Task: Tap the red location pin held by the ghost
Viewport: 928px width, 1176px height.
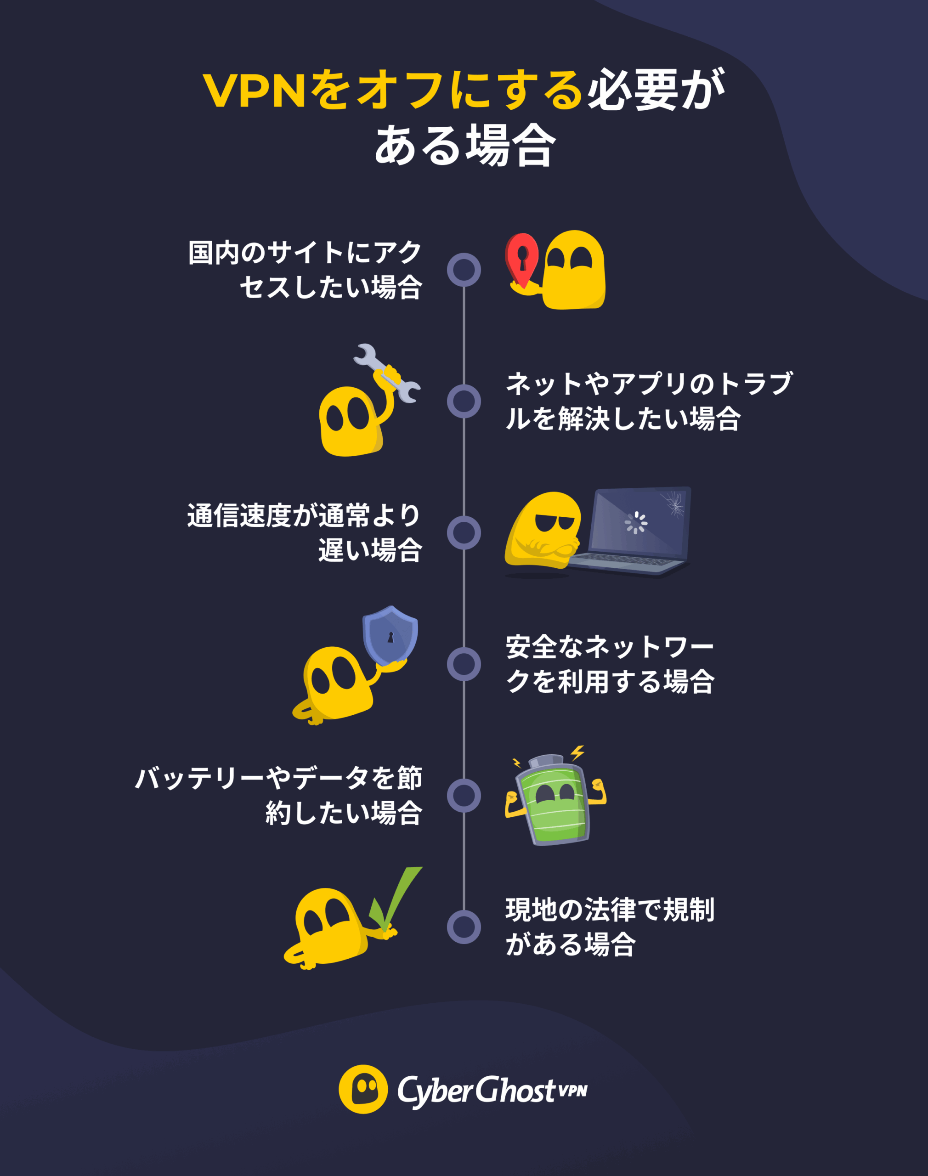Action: [522, 257]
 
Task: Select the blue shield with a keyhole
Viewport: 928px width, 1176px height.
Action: [390, 634]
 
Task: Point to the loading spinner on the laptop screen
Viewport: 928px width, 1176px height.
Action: [635, 523]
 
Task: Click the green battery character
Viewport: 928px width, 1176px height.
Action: [553, 801]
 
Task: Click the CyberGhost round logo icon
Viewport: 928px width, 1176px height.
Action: [363, 1089]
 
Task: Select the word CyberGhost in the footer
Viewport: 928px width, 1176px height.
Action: [476, 1090]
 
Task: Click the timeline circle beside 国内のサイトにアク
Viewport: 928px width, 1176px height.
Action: [464, 269]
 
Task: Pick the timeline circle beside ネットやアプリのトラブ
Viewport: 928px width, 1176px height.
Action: [464, 401]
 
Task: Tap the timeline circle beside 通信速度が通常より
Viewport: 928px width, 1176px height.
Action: [464, 533]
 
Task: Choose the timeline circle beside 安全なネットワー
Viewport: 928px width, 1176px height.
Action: [464, 664]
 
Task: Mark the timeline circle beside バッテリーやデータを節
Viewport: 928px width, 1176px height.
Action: [464, 795]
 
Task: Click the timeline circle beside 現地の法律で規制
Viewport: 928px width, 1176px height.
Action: [464, 927]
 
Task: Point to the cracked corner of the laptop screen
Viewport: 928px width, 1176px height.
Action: [674, 503]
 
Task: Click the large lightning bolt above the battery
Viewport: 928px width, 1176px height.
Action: [577, 752]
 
